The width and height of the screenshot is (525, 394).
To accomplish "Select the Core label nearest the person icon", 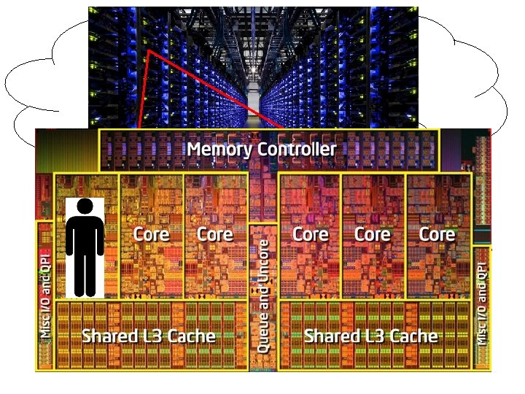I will (151, 234).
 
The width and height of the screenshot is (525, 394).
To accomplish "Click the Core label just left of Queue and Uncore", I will (215, 234).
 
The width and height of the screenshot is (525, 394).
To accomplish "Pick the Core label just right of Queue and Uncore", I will (310, 234).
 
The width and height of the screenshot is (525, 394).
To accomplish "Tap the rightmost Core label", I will (437, 234).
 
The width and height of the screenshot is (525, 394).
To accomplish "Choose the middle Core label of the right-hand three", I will (372, 234).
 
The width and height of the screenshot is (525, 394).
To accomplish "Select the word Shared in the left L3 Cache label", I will (109, 336).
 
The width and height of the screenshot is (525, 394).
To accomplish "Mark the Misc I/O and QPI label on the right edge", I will (481, 303).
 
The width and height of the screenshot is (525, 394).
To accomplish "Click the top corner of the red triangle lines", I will (149, 51).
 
